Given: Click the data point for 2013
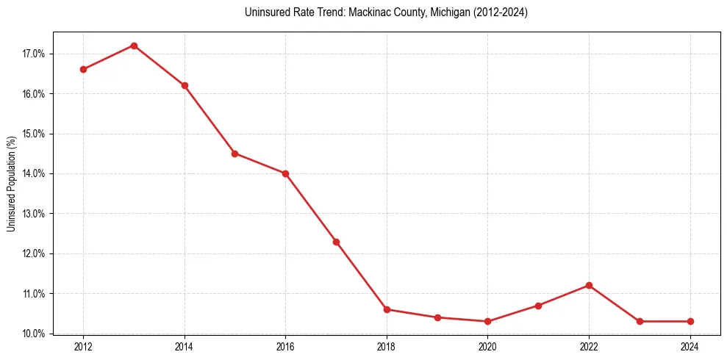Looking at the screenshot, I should click(x=134, y=46).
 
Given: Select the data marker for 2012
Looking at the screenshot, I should click(x=83, y=69).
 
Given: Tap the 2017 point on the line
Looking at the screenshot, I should click(x=336, y=242).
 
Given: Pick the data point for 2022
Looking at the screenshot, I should click(x=589, y=285).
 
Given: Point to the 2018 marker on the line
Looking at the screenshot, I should click(x=387, y=309).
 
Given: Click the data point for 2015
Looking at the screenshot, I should click(x=234, y=154).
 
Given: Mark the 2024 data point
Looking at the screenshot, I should click(x=690, y=321).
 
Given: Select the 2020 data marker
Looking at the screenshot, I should click(x=488, y=321).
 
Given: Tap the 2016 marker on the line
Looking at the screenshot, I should click(x=285, y=173).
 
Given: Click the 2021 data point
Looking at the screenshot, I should click(x=538, y=306).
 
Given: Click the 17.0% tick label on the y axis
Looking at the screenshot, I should click(x=35, y=54).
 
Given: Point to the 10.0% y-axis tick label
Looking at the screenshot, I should click(x=35, y=334).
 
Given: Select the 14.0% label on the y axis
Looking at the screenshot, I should click(x=35, y=173).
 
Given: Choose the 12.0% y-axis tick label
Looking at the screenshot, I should click(x=35, y=253).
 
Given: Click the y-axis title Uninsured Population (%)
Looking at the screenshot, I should click(x=12, y=184).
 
